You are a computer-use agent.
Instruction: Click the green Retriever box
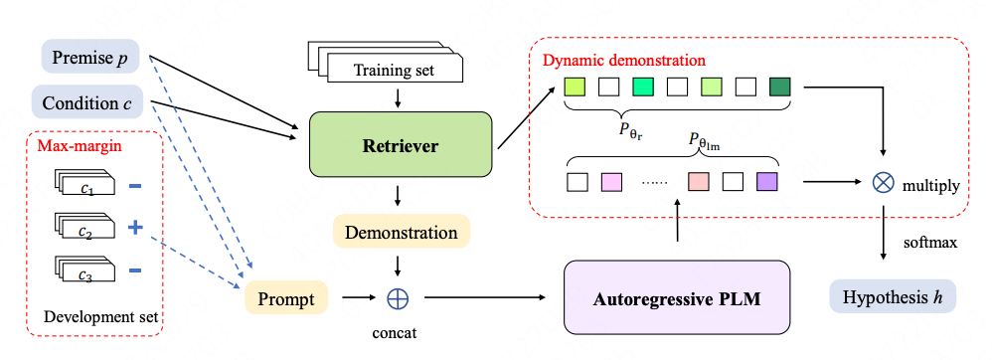[402, 146]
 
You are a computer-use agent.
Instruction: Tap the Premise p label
[88, 58]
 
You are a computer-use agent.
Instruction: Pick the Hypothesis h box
[892, 297]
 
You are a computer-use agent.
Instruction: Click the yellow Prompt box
[286, 297]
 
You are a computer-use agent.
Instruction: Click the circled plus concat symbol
[399, 296]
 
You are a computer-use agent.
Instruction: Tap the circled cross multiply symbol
[883, 183]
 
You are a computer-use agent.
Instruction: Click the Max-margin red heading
[73, 146]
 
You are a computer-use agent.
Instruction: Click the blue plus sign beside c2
[135, 228]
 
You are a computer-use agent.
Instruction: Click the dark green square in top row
[779, 88]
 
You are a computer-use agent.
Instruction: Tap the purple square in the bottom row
[765, 182]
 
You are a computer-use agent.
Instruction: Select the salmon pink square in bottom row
[698, 182]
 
